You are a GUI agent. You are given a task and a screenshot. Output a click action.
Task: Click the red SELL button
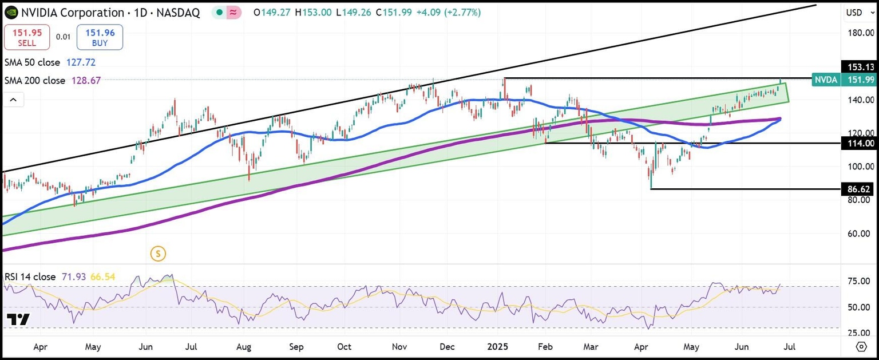tap(27, 38)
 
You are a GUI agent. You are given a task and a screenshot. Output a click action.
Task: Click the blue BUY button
tap(100, 38)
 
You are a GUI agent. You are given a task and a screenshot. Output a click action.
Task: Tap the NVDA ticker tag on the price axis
tap(826, 81)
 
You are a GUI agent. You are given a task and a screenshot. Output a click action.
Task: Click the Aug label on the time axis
tap(244, 347)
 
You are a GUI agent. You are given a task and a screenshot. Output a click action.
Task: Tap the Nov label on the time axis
tap(399, 347)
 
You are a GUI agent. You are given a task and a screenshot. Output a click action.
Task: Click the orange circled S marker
tap(158, 253)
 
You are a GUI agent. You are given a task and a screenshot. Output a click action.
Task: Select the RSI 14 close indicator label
tap(30, 277)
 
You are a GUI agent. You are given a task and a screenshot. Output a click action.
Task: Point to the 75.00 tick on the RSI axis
tap(858, 281)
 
